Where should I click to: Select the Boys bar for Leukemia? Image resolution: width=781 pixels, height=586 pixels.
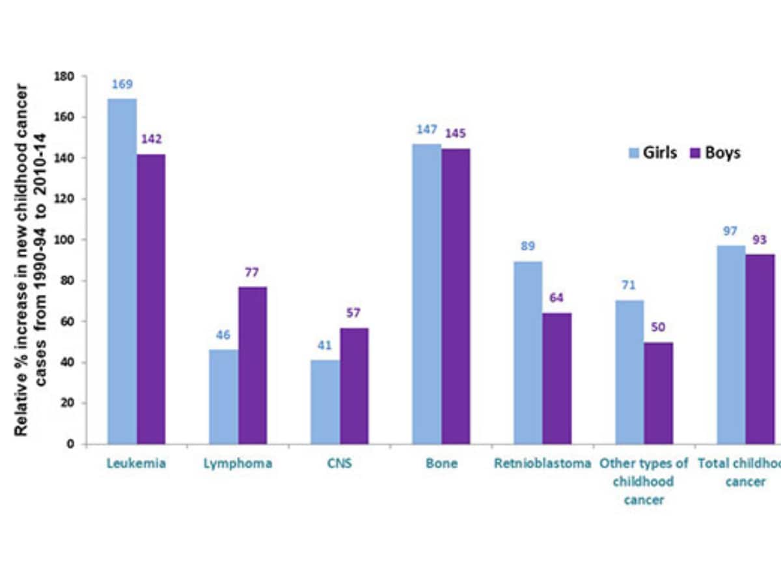pos(151,299)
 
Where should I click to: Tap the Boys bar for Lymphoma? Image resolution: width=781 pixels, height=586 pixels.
pos(253,365)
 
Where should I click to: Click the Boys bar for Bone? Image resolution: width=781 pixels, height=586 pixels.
pos(456,296)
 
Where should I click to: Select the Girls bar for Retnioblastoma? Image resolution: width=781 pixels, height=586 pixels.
pos(528,352)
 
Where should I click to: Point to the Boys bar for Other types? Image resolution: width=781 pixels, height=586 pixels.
pos(658,393)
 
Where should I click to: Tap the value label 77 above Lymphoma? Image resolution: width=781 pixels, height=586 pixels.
pos(252,272)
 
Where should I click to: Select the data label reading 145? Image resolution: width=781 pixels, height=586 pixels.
pos(456,133)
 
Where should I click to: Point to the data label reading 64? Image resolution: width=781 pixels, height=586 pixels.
pos(557,298)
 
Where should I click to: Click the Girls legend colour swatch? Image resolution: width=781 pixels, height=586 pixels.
pos(633,154)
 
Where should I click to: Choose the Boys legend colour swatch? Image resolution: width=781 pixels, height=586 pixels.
pos(694,154)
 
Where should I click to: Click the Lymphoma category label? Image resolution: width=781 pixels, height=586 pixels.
pos(238,464)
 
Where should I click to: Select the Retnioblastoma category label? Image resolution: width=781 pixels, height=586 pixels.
pos(543,464)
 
